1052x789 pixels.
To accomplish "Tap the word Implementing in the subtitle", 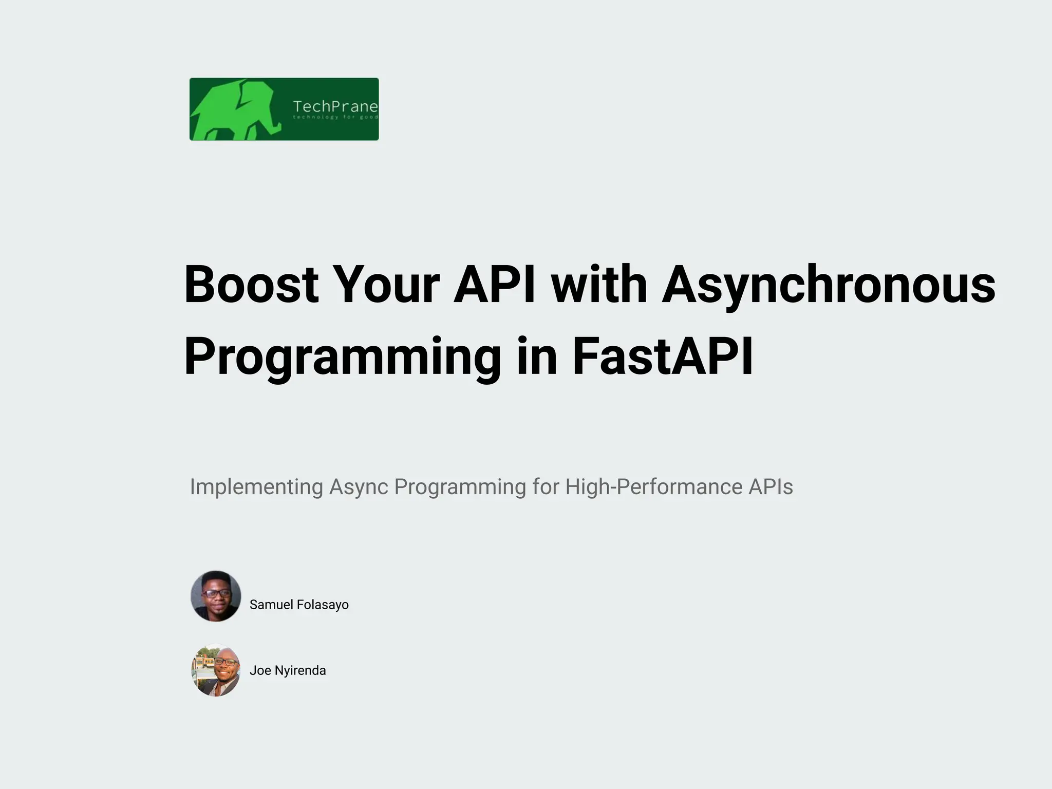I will (256, 487).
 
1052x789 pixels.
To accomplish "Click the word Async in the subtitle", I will (358, 487).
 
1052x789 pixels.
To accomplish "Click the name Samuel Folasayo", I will (299, 605).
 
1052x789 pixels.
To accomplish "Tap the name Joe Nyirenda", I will (288, 670).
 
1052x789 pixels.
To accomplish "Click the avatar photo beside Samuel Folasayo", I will (216, 596).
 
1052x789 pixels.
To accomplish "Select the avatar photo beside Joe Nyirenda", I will (216, 670).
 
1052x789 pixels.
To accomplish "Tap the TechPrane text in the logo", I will (335, 106).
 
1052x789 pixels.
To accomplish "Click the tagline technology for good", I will (335, 118).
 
